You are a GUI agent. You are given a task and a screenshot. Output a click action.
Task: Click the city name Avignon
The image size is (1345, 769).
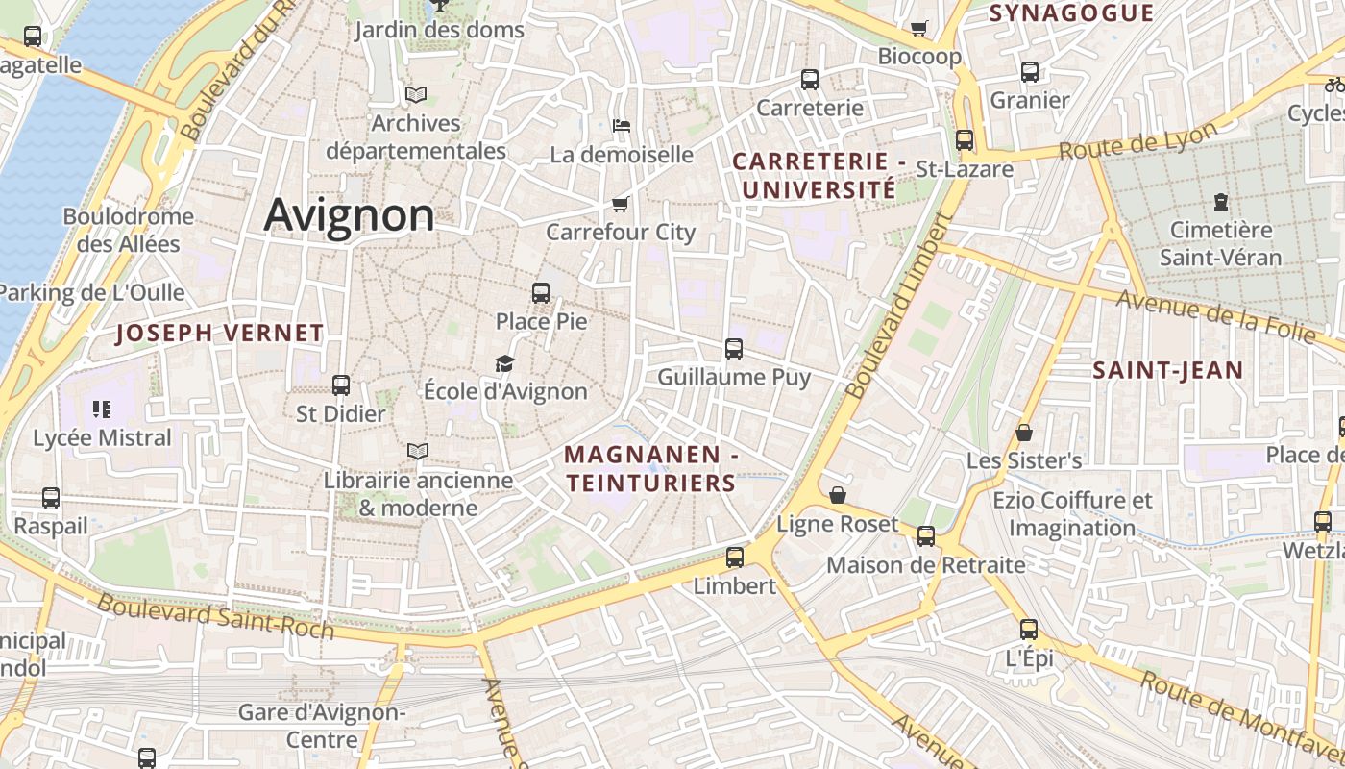349,214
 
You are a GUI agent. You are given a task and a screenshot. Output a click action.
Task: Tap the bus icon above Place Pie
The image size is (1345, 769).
541,292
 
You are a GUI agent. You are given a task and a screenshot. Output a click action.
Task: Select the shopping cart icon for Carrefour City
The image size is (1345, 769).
620,204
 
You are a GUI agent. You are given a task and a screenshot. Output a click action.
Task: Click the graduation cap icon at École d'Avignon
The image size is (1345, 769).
504,363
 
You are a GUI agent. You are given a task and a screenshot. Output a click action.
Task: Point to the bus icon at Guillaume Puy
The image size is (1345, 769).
734,348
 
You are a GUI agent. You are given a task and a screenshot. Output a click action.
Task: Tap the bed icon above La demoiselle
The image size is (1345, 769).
622,125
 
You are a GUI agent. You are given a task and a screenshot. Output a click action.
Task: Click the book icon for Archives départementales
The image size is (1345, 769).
416,94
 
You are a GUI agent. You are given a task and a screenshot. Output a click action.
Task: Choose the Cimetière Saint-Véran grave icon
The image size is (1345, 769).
1220,202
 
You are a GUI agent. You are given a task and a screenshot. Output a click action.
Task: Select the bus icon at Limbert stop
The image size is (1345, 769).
735,557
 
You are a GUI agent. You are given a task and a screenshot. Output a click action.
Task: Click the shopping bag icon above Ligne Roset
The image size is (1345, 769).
838,495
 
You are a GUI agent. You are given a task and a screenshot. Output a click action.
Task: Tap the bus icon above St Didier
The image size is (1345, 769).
340,385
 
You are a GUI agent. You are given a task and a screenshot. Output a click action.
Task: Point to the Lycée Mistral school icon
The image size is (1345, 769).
102,409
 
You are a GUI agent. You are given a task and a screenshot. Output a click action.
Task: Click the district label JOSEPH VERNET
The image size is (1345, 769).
220,334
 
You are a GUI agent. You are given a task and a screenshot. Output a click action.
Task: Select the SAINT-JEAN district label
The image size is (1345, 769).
1167,370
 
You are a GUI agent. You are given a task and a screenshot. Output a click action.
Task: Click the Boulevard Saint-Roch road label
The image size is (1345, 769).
216,617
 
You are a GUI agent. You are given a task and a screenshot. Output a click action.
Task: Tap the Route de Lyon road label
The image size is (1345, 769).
1138,140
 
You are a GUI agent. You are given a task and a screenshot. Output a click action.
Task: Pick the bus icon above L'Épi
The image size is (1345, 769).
1029,630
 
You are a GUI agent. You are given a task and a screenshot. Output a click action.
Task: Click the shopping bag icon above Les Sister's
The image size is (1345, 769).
1024,433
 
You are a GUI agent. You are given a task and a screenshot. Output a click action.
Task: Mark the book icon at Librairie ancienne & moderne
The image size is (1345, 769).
418,450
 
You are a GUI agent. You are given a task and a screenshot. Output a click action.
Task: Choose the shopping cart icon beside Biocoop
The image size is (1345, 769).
919,28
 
